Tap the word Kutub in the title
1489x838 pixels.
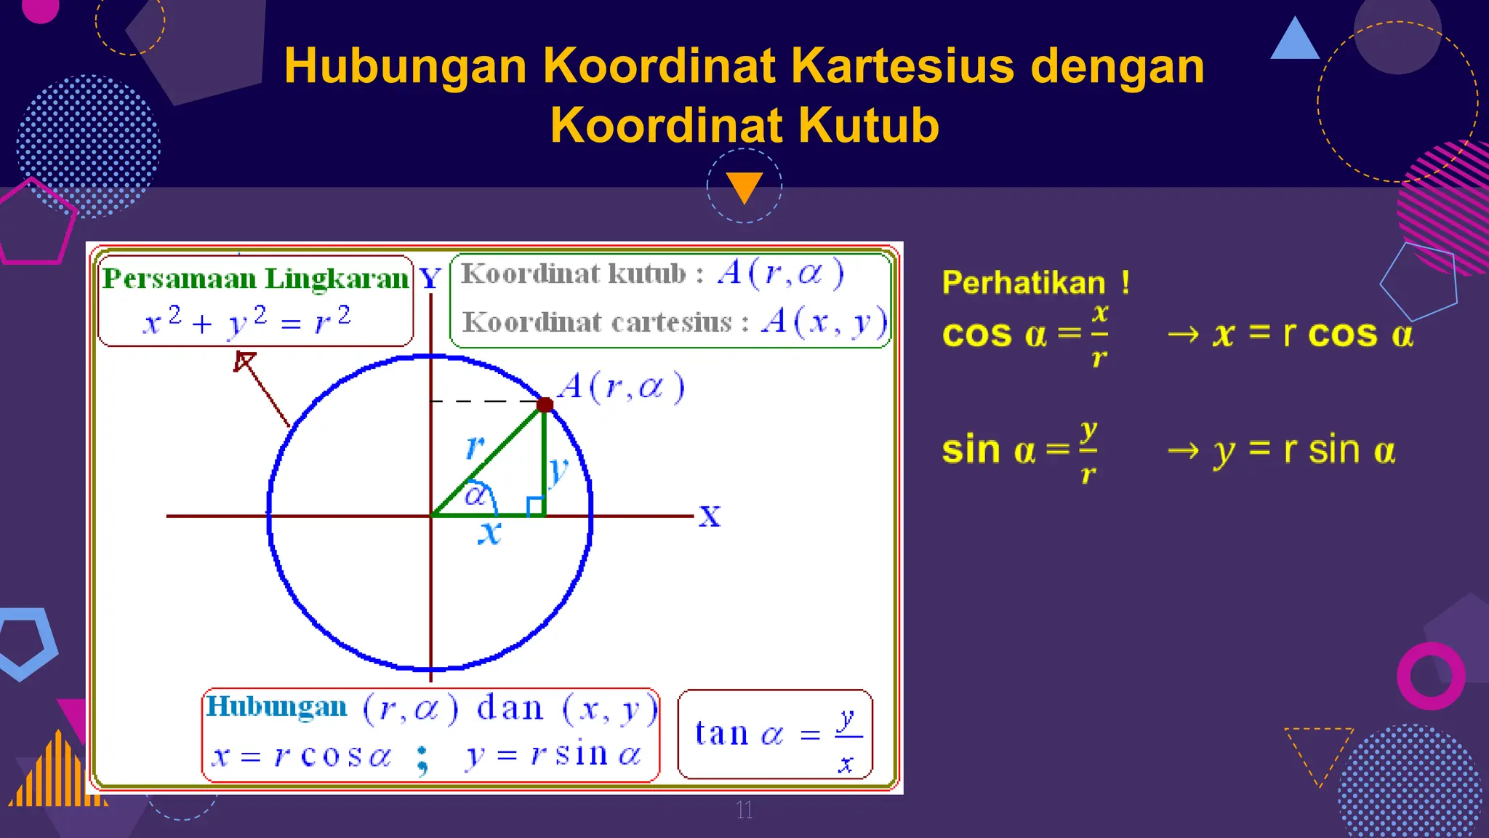[x=868, y=126]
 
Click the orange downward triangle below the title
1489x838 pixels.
[x=744, y=187]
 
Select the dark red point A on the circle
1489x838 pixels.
[x=545, y=404]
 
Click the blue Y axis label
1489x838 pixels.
[x=430, y=279]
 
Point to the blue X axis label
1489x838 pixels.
[x=710, y=516]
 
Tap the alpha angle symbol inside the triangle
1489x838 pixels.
[x=475, y=496]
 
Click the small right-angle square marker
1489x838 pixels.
[x=536, y=506]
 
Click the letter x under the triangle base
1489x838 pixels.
[x=490, y=532]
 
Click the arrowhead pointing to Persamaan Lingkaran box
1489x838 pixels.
[x=244, y=360]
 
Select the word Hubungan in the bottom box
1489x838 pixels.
[x=277, y=707]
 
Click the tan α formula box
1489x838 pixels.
[x=775, y=735]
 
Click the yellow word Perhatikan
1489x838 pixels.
[x=1024, y=283]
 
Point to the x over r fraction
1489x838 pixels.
[x=1099, y=335]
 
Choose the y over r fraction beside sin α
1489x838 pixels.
[x=1088, y=451]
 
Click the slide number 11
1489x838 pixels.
[x=744, y=810]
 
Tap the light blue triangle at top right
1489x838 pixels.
[x=1295, y=41]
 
